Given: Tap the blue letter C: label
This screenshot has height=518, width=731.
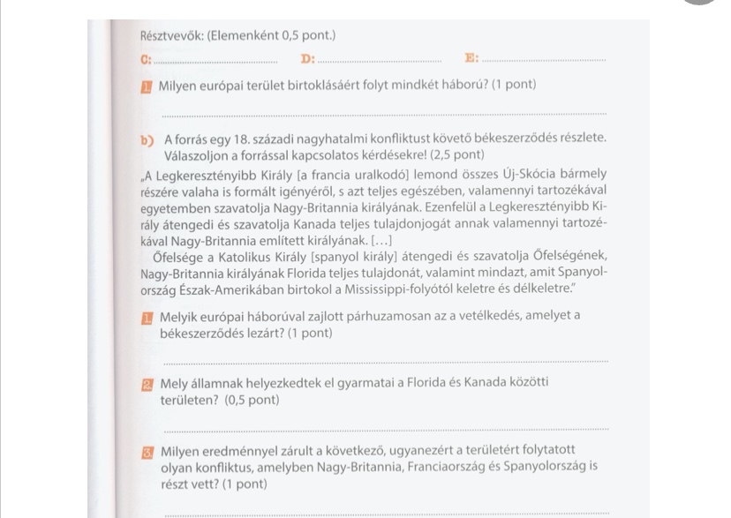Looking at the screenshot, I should coord(146,59).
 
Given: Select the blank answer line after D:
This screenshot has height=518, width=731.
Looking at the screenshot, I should coord(379,59).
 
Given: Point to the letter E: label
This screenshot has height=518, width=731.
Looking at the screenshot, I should coord(471,59).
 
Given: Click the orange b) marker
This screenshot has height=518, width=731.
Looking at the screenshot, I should coord(146,139).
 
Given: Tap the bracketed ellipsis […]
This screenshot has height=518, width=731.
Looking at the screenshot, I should coord(376,241).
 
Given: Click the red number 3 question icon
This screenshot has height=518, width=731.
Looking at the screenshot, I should coord(147,452).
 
